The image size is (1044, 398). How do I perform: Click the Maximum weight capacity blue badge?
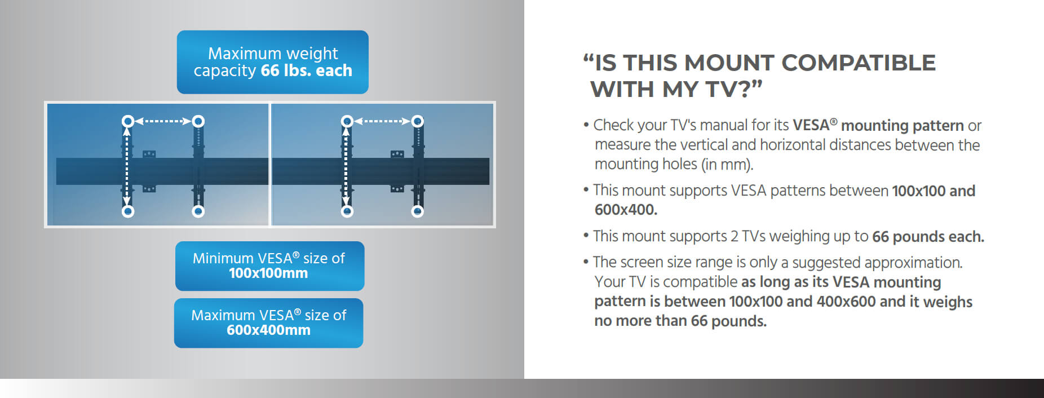[272, 62]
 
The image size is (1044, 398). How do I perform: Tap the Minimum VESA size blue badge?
[269, 266]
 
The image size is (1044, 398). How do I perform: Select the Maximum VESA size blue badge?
[268, 322]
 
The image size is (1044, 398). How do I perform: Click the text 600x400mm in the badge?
[268, 330]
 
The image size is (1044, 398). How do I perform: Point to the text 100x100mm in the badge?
[268, 273]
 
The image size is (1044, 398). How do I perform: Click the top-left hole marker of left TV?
[128, 121]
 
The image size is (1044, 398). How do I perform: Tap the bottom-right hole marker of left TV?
[198, 211]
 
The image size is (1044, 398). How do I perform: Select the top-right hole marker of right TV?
[417, 121]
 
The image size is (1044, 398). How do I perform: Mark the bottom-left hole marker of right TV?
[347, 211]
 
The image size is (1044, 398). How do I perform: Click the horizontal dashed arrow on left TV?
[163, 121]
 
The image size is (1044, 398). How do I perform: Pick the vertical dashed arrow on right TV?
[346, 166]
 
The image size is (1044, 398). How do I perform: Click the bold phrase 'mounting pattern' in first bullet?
[902, 125]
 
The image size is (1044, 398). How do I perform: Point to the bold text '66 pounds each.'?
[928, 237]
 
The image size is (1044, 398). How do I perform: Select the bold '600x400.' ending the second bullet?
[626, 210]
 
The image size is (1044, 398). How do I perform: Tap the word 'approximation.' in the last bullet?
[913, 263]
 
